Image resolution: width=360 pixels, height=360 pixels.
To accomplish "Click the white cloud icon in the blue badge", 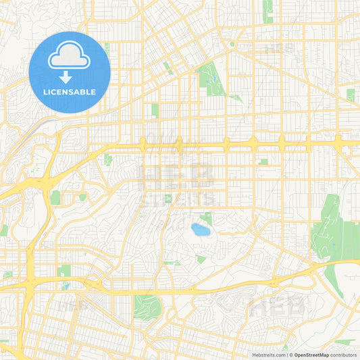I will point(70,59).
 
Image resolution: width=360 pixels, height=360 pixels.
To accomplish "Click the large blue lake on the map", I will point(200,229).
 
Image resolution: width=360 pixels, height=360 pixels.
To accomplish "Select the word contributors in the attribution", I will point(344,355).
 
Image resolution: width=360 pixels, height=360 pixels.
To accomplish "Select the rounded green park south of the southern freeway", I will point(147,307).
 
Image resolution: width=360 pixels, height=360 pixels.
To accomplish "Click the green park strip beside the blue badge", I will point(107,49).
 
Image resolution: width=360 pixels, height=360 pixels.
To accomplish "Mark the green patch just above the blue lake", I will point(207,217).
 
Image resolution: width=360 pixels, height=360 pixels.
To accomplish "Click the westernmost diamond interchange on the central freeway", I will point(143,143).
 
